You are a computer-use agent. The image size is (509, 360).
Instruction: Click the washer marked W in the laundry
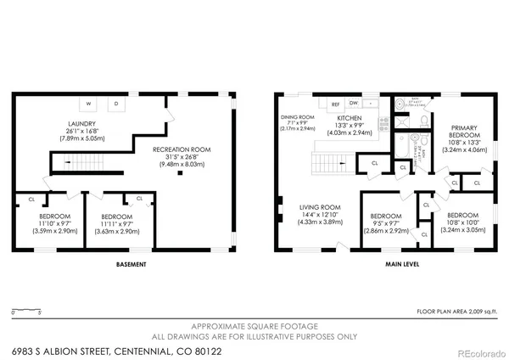click(x=88, y=104)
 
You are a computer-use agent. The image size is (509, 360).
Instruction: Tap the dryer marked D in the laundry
click(x=117, y=104)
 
